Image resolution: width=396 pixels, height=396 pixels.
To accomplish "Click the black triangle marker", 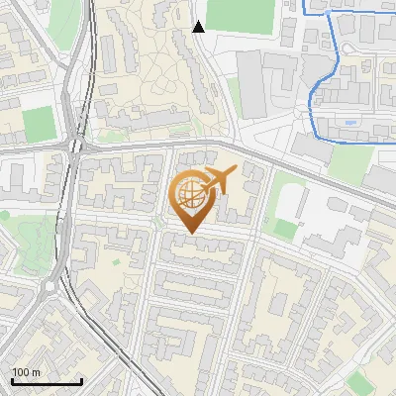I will [199, 27].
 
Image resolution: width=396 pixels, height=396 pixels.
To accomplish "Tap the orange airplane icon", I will [219, 180].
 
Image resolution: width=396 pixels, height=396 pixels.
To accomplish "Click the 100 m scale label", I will [26, 372].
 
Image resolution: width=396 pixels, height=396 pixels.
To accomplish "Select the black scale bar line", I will [47, 381].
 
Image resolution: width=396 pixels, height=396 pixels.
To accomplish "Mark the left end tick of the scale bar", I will [12, 380].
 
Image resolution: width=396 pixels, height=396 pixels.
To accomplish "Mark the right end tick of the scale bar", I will [81, 380].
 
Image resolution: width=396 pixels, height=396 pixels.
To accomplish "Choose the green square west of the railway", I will [39, 125].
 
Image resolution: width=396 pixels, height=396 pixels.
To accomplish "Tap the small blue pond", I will [350, 123].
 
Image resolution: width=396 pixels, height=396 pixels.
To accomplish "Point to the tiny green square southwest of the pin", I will [116, 262].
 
